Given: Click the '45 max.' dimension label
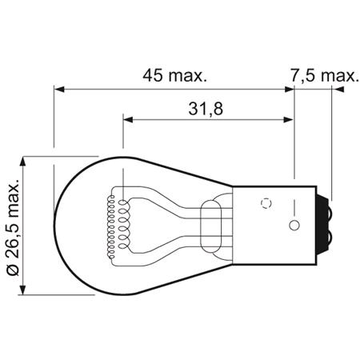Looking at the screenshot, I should [174, 76].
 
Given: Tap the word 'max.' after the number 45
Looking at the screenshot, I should [190, 76].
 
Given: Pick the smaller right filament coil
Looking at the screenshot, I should [126, 223].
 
